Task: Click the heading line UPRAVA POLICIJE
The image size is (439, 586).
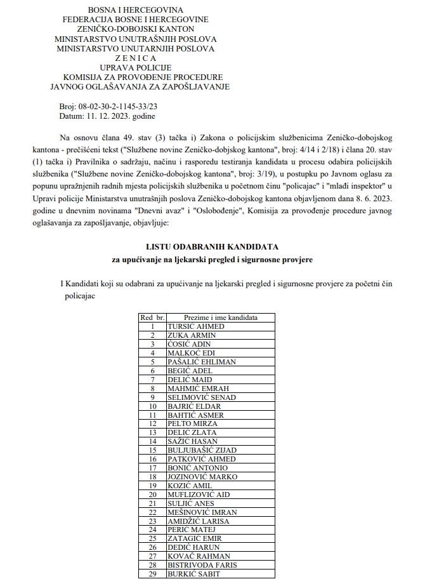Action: (x=135, y=67)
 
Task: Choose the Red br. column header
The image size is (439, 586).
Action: (x=152, y=317)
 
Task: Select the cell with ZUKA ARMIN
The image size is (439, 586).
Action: (x=192, y=335)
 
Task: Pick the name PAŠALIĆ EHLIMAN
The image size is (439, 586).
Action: (x=201, y=362)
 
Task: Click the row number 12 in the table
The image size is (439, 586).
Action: (x=152, y=423)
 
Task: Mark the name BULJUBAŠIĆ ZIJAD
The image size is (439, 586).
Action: (x=202, y=450)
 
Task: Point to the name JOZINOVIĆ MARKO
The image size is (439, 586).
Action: (x=202, y=477)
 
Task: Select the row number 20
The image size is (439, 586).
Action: (x=152, y=495)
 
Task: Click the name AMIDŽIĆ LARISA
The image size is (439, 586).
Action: (x=198, y=521)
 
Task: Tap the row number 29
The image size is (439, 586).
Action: (x=152, y=574)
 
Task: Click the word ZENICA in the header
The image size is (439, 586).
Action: (x=135, y=58)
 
